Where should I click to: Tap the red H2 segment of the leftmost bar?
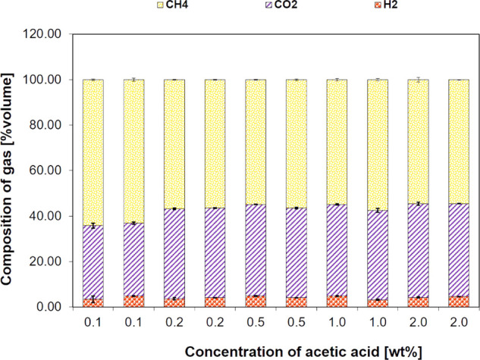(93, 302)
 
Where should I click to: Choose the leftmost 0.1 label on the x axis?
(93, 322)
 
